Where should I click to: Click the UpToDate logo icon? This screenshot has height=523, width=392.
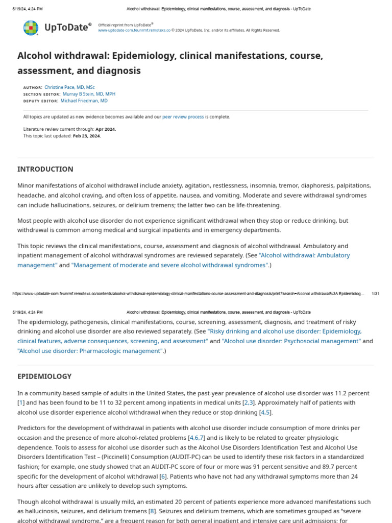coord(31,28)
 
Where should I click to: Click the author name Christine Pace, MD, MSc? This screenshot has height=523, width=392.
coord(69,87)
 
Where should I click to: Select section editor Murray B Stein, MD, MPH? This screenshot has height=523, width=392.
coord(89,94)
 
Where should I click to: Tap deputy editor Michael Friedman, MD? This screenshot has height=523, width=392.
coord(84,101)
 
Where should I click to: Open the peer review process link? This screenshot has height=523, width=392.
coord(183,117)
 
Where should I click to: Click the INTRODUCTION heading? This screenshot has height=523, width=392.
coord(45,169)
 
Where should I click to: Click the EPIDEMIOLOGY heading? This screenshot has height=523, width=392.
coord(44,376)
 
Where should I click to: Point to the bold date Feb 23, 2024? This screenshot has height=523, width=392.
coord(87,136)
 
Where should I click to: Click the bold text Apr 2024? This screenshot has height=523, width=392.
coord(106,129)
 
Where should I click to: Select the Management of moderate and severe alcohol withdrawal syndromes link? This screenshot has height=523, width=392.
coord(170,265)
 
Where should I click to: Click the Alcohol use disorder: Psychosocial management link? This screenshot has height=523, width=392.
coord(291,341)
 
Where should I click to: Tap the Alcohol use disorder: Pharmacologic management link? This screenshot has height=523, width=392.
coord(90,351)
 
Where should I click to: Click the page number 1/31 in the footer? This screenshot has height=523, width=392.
coord(375,294)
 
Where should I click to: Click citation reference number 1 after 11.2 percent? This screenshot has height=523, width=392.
coord(21,403)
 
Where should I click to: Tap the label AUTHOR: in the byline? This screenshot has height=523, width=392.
coord(33,88)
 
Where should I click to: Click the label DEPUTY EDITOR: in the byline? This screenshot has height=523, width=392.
coord(40,101)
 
